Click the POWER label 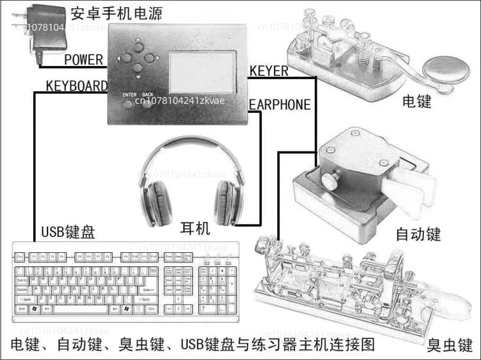[x=83, y=60]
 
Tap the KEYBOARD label [x=76, y=86]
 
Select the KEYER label [x=269, y=71]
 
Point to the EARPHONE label [x=280, y=105]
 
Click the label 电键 [x=417, y=101]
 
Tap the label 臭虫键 [x=450, y=345]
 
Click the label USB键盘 [x=68, y=232]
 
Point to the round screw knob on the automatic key [x=331, y=179]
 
